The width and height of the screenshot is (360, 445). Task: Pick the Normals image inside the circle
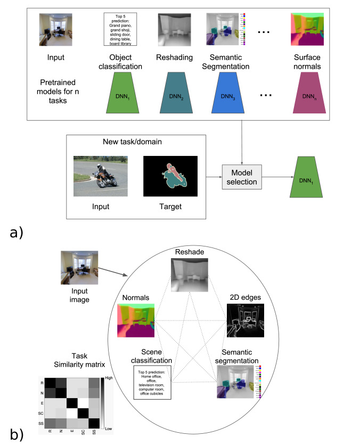click(x=135, y=319)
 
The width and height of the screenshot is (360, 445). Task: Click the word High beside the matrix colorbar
click(x=122, y=376)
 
